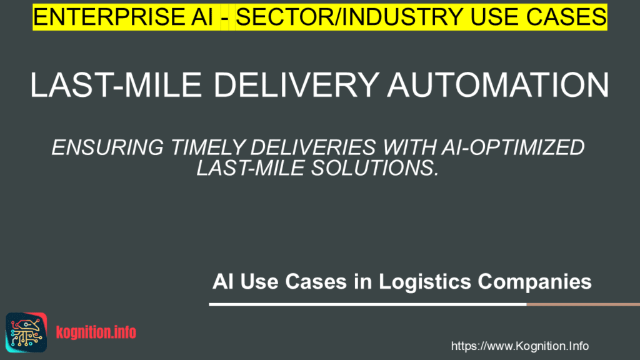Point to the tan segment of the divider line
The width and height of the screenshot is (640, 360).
point(582,305)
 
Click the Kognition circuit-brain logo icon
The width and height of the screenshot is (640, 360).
point(26,331)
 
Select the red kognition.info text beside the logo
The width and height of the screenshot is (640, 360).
point(96,332)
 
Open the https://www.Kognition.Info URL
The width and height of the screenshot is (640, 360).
point(519,346)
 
